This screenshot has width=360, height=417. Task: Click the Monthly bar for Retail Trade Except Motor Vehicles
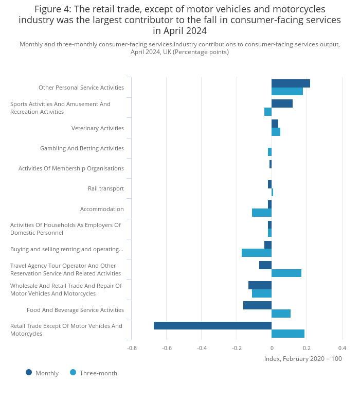212,325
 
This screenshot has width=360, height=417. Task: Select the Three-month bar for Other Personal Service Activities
287,92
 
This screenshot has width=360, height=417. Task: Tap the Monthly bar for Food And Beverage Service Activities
257,305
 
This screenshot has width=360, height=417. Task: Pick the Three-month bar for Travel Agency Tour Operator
286,273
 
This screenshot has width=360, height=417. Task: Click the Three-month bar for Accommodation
262,213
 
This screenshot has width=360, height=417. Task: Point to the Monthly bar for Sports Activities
282,103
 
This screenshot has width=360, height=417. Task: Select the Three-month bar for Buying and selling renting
257,253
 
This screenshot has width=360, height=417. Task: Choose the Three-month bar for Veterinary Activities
276,132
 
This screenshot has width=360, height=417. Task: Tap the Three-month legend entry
94,373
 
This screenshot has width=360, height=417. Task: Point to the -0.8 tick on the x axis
132,347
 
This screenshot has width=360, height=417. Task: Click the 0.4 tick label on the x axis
342,347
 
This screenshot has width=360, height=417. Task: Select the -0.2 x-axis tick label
237,347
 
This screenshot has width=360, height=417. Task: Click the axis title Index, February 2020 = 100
303,358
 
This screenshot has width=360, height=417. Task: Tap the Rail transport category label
105,188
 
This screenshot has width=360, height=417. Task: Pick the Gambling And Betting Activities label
82,148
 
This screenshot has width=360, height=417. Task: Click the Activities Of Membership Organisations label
71,168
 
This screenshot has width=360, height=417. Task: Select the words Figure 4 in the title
53,9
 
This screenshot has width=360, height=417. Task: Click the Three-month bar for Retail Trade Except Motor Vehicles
288,334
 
